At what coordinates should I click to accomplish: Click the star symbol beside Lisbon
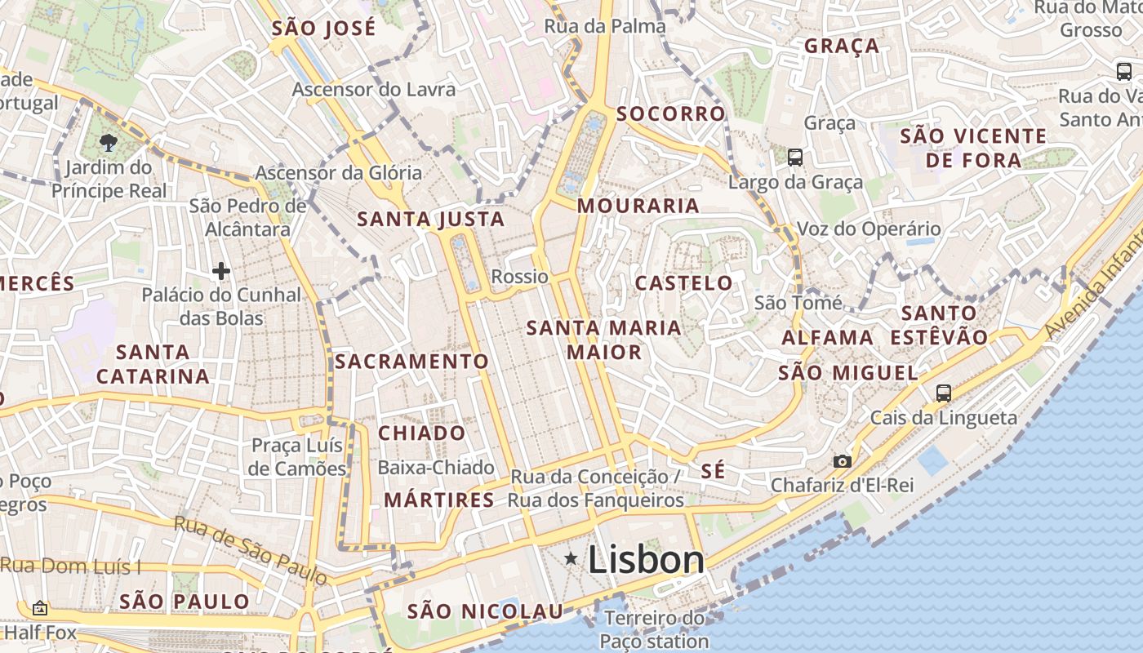coord(571,558)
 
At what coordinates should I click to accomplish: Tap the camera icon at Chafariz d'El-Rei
coord(843,461)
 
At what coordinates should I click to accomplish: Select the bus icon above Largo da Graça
coord(795,157)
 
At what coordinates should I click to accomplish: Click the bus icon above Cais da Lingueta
coord(944,393)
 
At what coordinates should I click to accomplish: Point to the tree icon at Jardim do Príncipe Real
coord(108,144)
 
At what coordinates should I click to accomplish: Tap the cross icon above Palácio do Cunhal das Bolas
coord(220,271)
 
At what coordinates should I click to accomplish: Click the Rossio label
coord(519,277)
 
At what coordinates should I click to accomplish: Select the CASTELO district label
coord(684,283)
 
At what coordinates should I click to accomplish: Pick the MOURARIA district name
coord(638,206)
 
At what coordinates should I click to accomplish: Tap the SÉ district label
coord(713,471)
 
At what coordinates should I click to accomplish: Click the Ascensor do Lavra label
coord(374,89)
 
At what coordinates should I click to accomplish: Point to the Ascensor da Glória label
coord(339,172)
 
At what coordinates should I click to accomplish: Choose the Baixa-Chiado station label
coord(436,468)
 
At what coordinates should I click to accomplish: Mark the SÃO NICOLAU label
coord(485,611)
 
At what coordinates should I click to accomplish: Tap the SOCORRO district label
coord(671,113)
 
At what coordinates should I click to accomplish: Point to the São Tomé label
coord(798,303)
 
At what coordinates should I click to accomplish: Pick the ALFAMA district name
coord(828,337)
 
